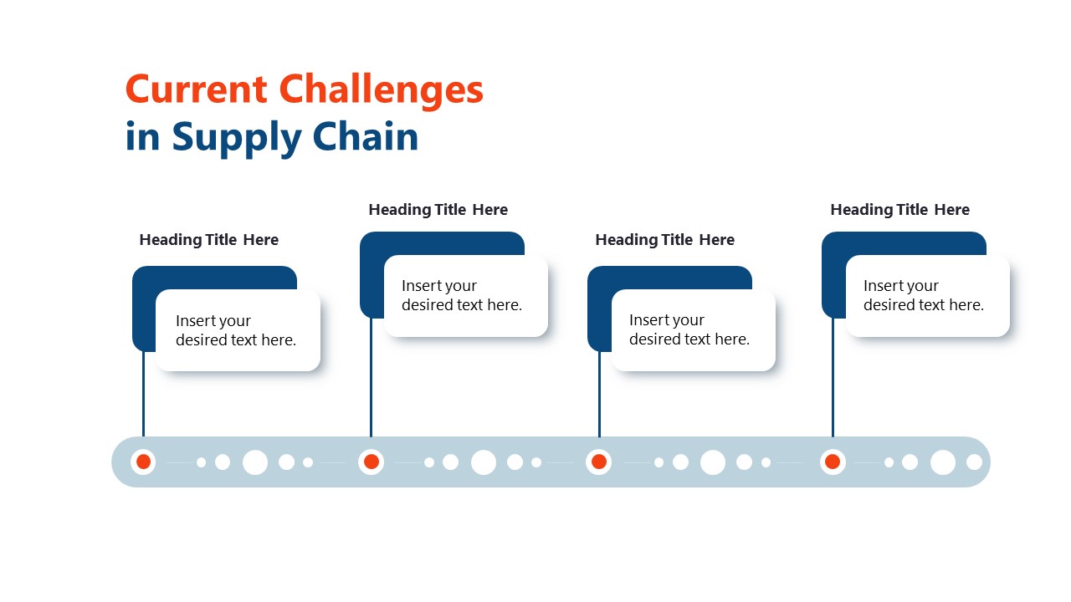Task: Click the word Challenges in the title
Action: [381, 89]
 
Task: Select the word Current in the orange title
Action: [196, 89]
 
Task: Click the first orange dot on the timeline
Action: [143, 462]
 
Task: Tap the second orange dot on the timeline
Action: [372, 462]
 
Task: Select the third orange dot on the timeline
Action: [599, 462]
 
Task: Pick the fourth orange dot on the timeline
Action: [833, 462]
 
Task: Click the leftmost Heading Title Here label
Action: [208, 240]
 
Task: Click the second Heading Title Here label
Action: [438, 210]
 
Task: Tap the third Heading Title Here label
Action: [664, 240]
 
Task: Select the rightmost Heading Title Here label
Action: [899, 210]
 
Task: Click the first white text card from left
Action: [238, 330]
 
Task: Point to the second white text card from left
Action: [465, 296]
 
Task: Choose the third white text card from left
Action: [693, 330]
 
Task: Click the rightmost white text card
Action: [927, 296]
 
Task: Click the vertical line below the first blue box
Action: [143, 393]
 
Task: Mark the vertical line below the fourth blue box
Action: [833, 376]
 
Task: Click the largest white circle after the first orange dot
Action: [255, 462]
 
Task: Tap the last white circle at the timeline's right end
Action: [974, 462]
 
